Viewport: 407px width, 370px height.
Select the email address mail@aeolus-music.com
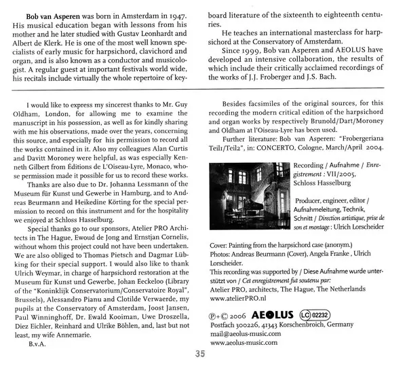pyautogui.click(x=252, y=335)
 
